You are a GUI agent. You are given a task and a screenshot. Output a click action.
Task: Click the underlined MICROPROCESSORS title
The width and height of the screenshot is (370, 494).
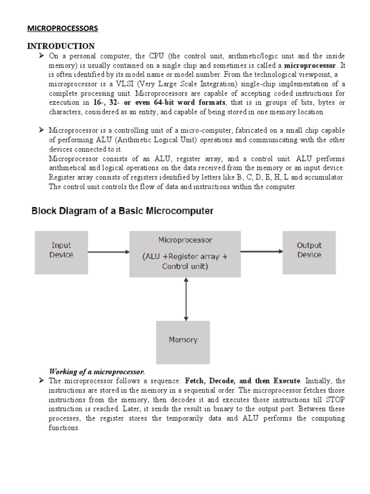tap(62, 28)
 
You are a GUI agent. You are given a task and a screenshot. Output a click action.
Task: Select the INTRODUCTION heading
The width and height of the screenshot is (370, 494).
tap(61, 46)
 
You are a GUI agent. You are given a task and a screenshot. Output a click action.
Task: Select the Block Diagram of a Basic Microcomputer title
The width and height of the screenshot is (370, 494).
tap(123, 211)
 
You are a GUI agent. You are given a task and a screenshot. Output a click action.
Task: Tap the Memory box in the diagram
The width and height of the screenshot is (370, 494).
tap(183, 340)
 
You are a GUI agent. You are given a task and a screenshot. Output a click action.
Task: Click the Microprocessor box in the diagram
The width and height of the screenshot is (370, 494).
tap(185, 253)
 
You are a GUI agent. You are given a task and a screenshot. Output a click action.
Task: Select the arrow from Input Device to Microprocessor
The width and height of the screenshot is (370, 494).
tap(108, 251)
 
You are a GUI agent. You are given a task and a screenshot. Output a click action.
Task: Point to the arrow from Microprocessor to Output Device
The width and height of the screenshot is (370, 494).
tap(261, 251)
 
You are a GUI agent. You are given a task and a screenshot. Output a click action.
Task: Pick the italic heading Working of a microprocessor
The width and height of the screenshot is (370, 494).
tap(97, 371)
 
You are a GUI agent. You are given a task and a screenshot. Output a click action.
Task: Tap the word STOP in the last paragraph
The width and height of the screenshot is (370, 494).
tap(335, 399)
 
